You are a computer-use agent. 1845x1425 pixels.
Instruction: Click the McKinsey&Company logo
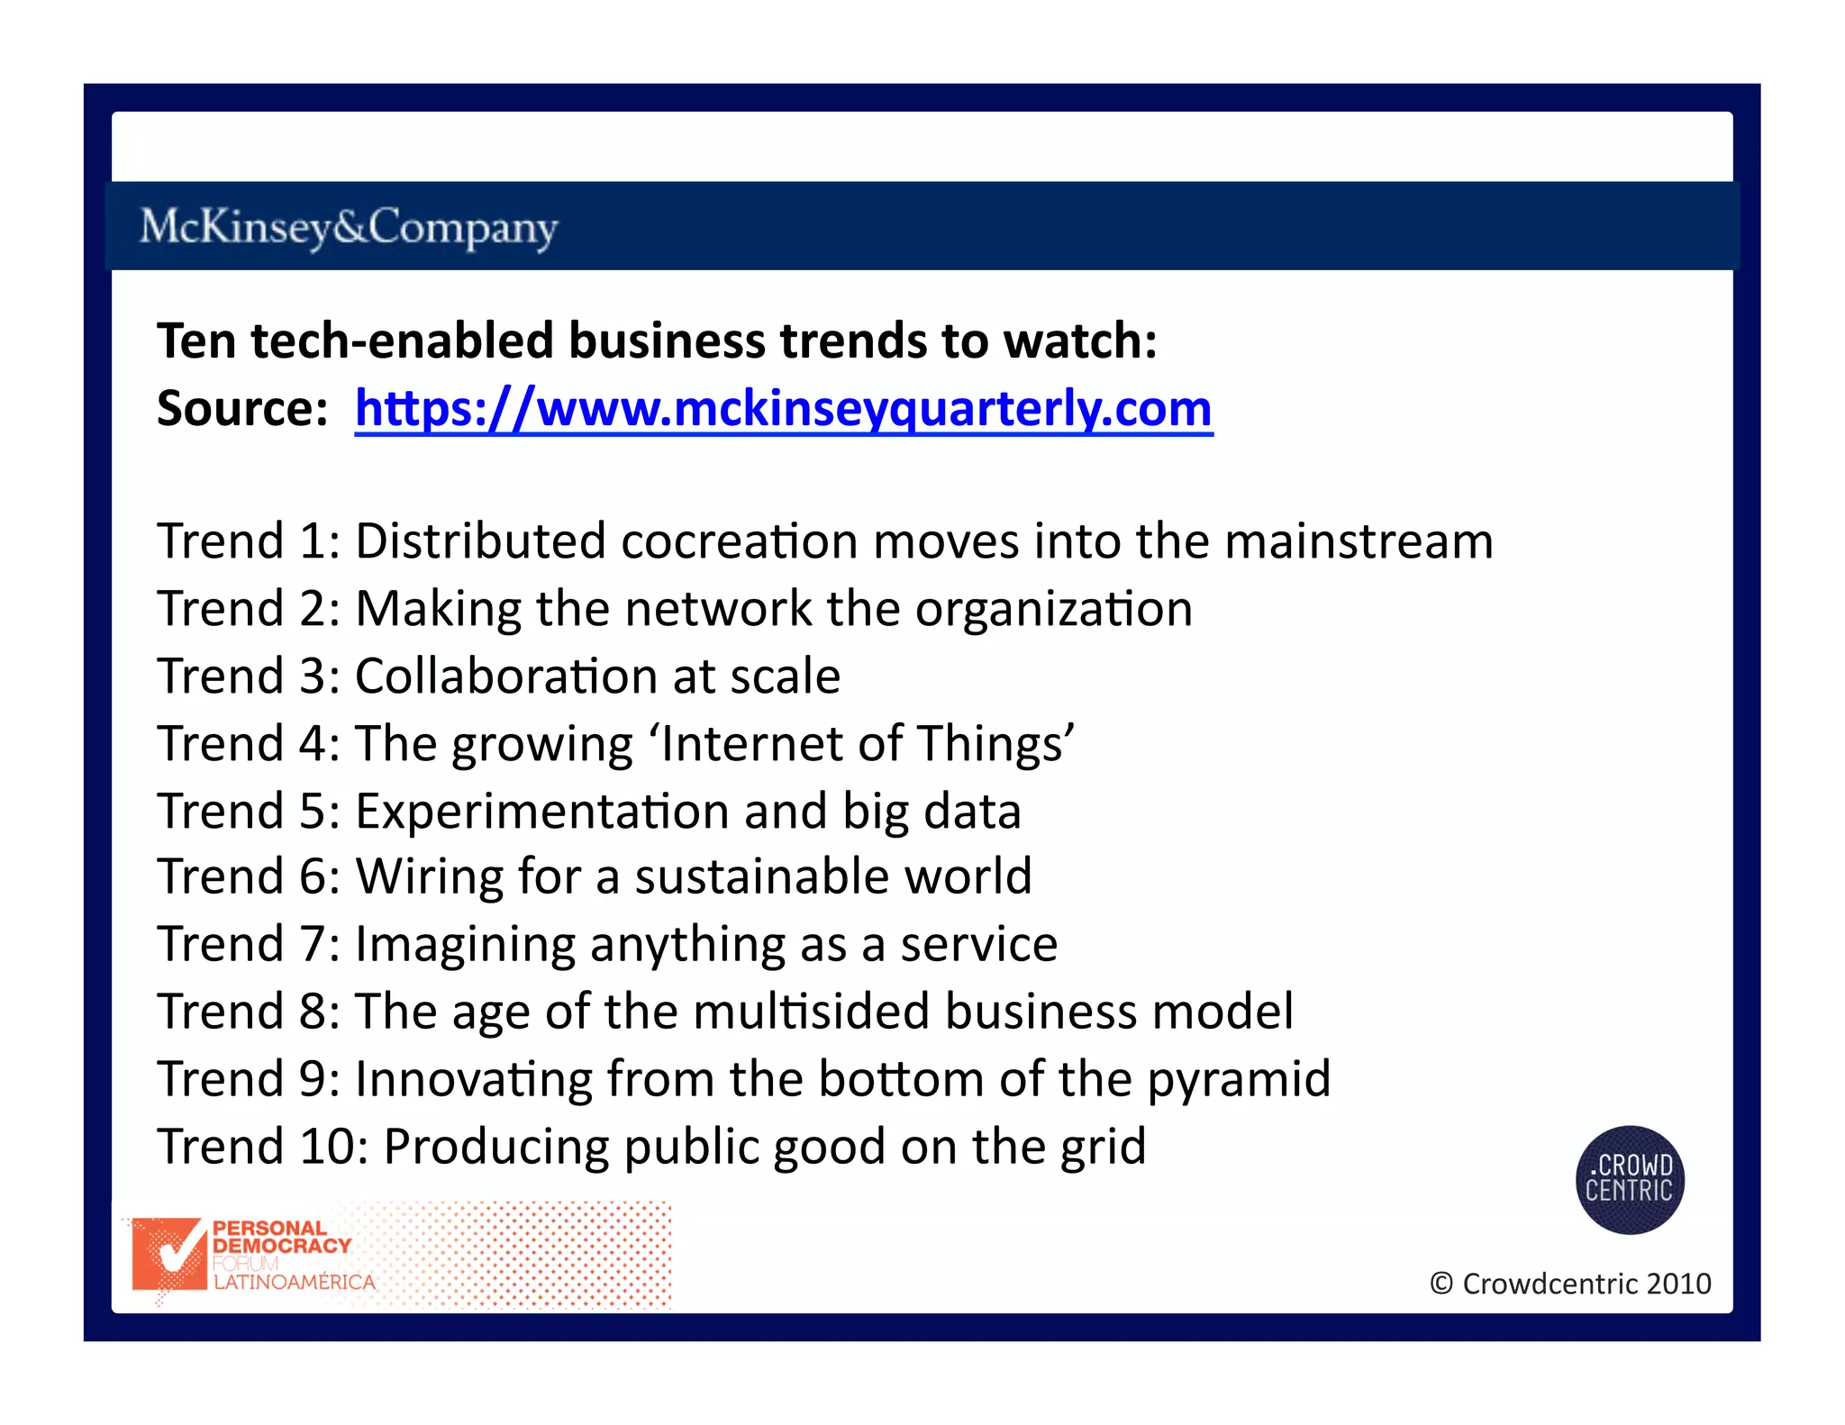(349, 227)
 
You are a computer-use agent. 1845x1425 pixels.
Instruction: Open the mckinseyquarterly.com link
(784, 409)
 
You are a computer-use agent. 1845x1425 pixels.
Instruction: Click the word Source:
(242, 409)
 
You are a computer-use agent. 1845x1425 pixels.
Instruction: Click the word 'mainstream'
(1359, 541)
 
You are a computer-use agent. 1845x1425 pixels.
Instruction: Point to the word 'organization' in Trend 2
(1054, 610)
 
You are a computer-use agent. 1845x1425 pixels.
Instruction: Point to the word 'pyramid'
(1239, 1080)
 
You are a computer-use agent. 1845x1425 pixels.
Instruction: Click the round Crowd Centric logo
(1629, 1179)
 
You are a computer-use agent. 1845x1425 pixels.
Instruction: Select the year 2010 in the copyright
(1678, 1284)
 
